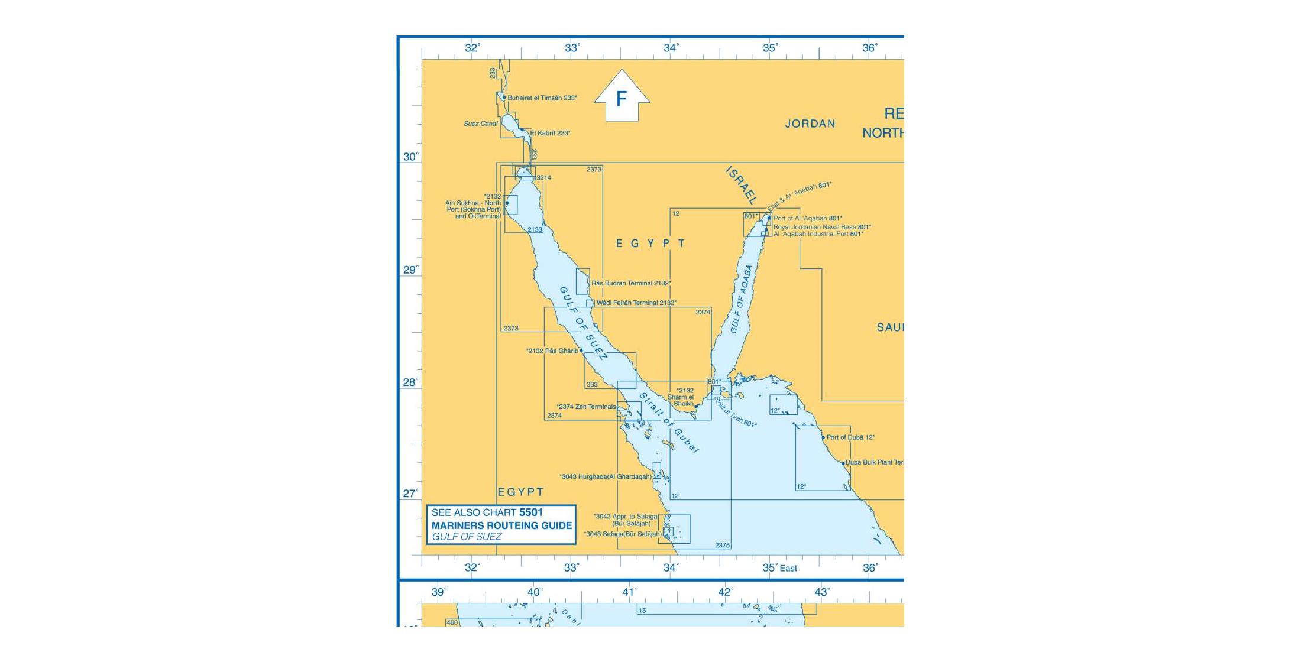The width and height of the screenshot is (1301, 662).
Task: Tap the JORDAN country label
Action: click(810, 124)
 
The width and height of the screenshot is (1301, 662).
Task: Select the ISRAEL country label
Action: click(741, 185)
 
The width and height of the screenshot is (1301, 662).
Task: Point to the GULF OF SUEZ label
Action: click(583, 324)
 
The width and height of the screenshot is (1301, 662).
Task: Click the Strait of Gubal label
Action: click(669, 423)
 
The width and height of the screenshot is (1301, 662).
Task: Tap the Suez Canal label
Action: click(480, 124)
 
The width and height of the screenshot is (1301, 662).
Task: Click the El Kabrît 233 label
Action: click(550, 134)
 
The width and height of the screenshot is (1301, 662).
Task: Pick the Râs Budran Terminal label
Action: click(631, 283)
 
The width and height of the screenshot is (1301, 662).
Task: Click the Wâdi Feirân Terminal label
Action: click(636, 303)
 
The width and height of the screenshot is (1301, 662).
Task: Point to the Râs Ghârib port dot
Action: click(581, 351)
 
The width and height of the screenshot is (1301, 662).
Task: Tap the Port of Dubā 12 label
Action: click(850, 437)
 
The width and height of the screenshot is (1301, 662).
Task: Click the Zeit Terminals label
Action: click(586, 407)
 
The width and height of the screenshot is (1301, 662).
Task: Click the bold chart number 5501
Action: click(530, 512)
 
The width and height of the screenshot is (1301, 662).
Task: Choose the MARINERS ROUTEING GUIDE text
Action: click(501, 525)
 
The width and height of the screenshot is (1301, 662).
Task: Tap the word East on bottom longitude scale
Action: click(788, 569)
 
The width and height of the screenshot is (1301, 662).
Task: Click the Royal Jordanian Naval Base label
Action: click(822, 227)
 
